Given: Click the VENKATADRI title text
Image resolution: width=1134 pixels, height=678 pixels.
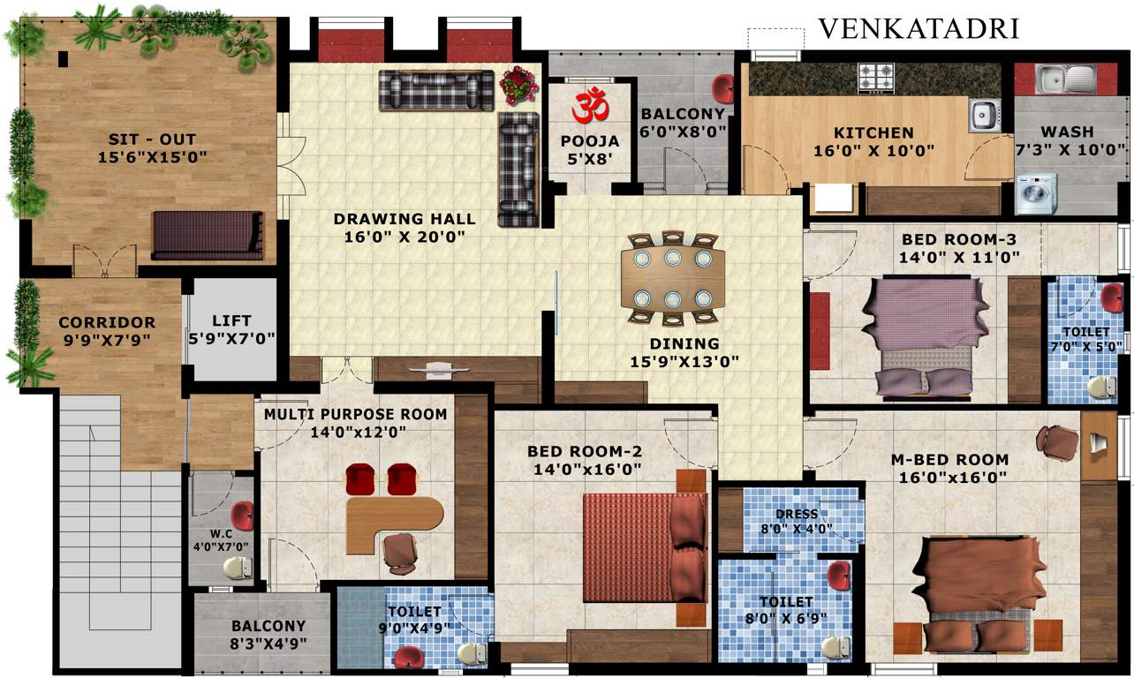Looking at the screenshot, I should pos(919,28).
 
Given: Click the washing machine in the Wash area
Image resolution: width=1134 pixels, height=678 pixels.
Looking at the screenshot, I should pos(1035,193).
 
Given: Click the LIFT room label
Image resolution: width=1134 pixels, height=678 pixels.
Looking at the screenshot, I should pos(231,320).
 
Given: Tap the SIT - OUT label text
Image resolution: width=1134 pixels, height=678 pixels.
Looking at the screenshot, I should pos(152,139).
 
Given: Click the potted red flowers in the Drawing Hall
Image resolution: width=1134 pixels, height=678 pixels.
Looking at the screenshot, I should pos(518,85).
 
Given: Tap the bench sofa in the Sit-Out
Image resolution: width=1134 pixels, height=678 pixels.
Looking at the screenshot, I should pos(208,235).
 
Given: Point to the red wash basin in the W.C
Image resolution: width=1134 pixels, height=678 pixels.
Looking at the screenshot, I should pos(241,515).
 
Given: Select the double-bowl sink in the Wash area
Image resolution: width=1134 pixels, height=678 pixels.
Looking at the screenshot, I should pos(1065,79).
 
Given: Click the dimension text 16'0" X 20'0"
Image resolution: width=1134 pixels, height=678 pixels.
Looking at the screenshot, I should pos(404,236).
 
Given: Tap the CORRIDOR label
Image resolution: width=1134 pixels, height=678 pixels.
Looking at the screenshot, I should pos(107,322).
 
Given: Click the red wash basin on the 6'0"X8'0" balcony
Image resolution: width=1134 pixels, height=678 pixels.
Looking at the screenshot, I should pos(723,88).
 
